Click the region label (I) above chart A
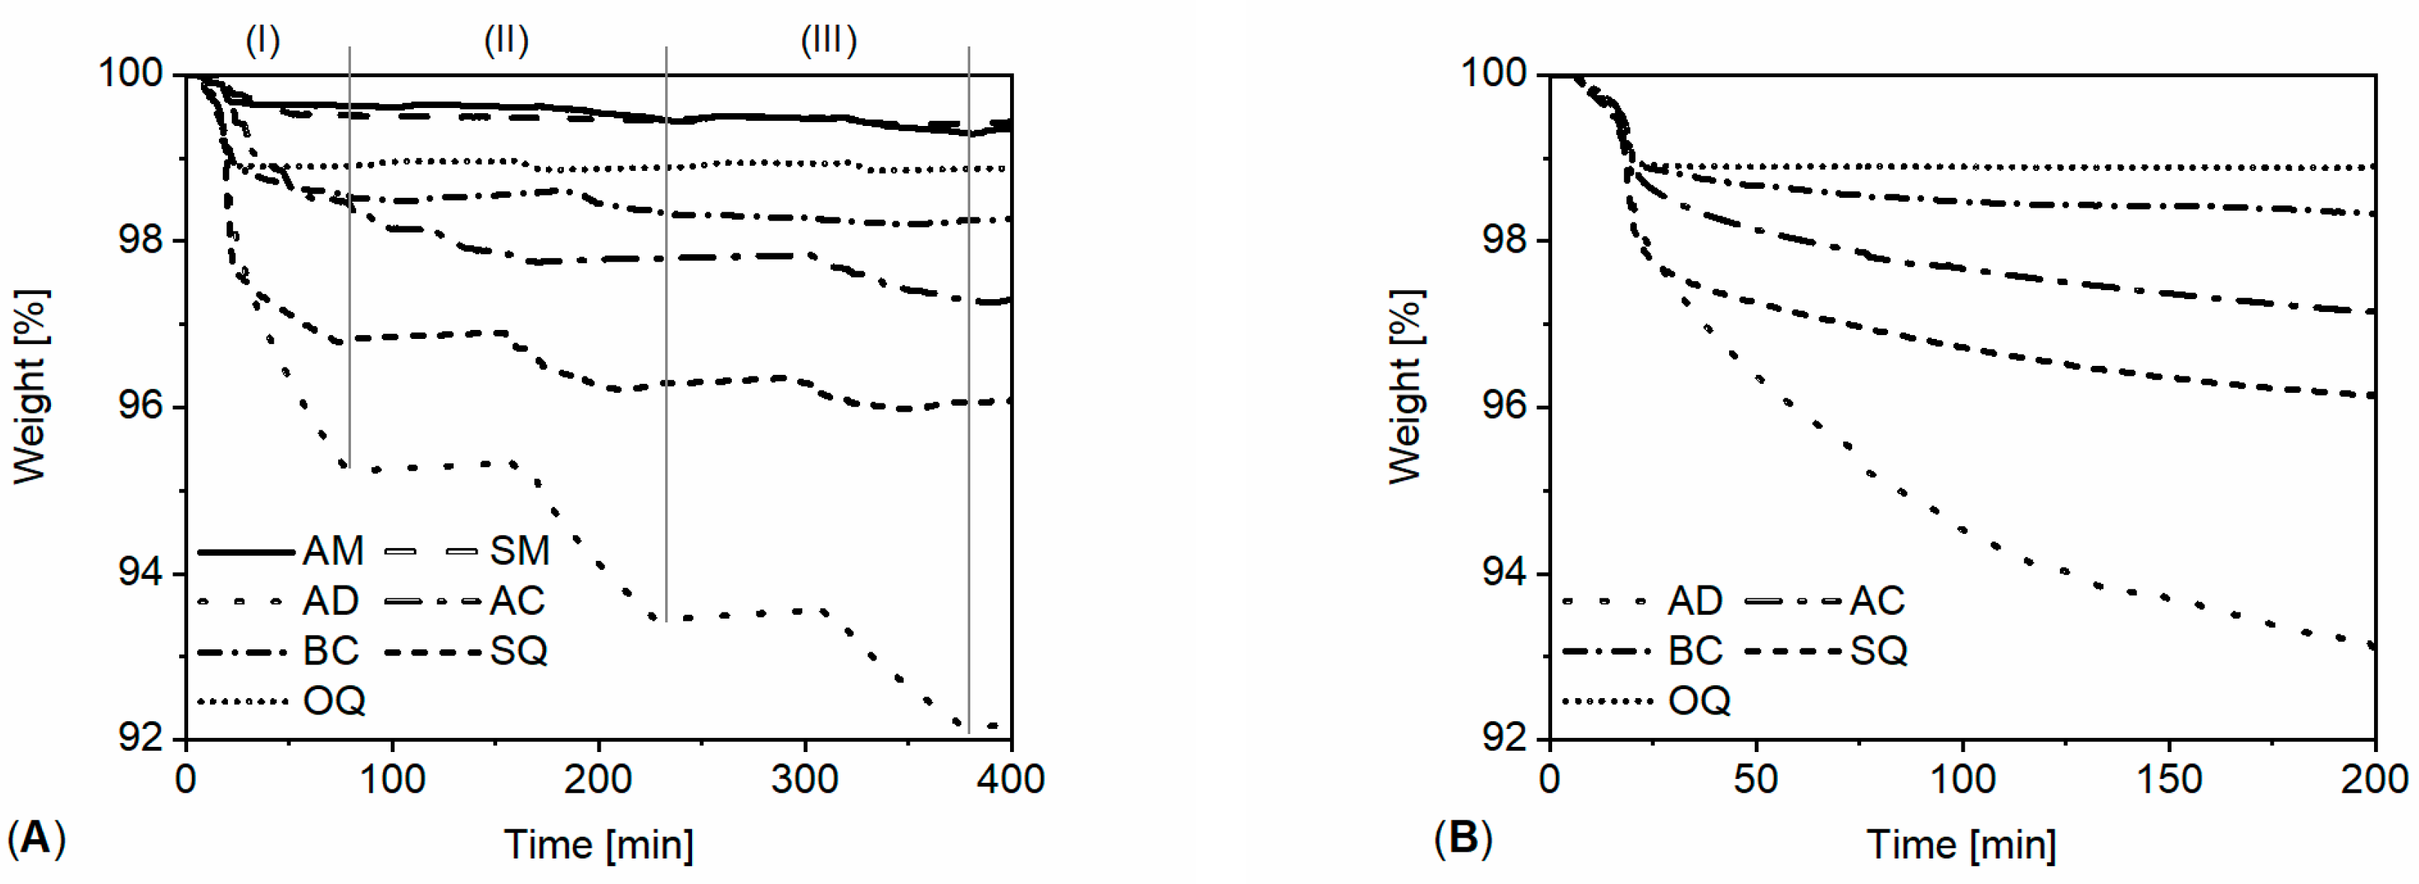pyautogui.click(x=263, y=40)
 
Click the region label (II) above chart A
pyautogui.click(x=506, y=40)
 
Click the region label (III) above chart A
pyautogui.click(x=829, y=40)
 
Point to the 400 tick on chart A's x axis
pyautogui.click(x=1011, y=780)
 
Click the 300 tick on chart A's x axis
pyautogui.click(x=805, y=780)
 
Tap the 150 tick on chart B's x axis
pyautogui.click(x=2169, y=780)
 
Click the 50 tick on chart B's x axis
pyautogui.click(x=1755, y=780)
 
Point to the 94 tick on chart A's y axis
pyautogui.click(x=140, y=572)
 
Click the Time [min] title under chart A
pyautogui.click(x=599, y=844)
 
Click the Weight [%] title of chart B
pyautogui.click(x=1406, y=386)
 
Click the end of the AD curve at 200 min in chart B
pyautogui.click(x=2373, y=646)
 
